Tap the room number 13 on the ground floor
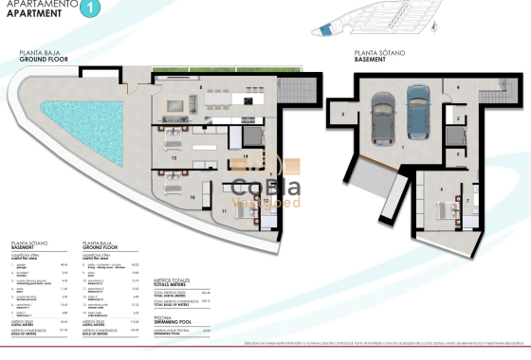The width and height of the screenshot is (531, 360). (x=174, y=158)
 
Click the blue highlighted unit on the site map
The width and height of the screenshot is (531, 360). (x=327, y=32)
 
